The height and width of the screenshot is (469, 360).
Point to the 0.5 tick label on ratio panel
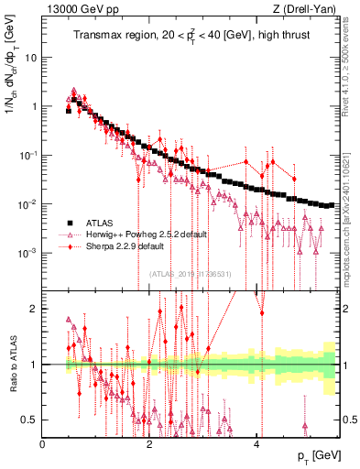pos(30,420)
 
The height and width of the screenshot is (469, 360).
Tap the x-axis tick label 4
pos(256,443)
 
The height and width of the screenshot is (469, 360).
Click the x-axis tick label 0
pos(43,443)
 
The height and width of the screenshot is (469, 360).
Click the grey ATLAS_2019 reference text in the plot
pos(192,273)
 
